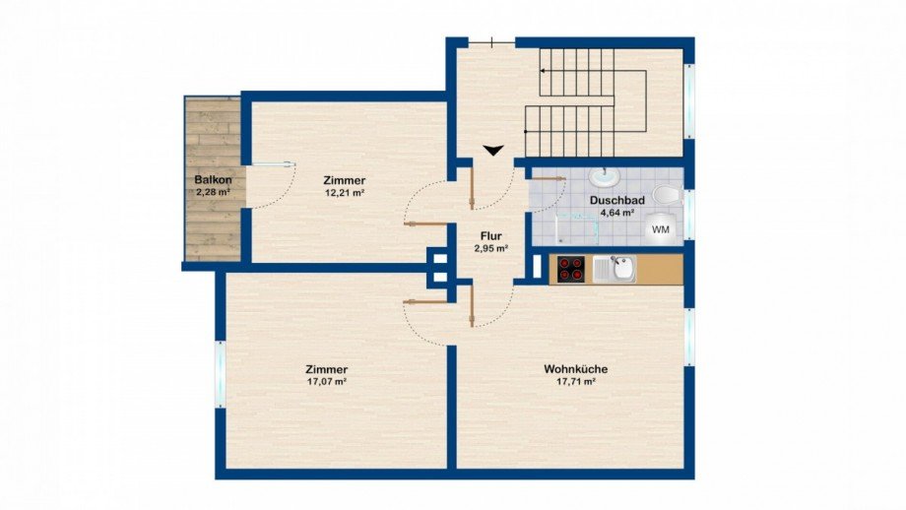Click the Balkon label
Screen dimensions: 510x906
click(x=214, y=180)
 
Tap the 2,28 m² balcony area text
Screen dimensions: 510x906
click(x=214, y=192)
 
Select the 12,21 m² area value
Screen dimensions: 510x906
click(x=345, y=193)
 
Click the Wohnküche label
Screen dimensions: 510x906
click(x=576, y=369)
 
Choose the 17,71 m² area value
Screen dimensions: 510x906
click(x=576, y=382)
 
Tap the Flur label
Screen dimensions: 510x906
click(x=490, y=235)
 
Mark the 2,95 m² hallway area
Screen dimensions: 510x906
click(x=490, y=248)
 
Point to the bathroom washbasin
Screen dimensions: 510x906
click(x=603, y=177)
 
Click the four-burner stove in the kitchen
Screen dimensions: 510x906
click(x=571, y=268)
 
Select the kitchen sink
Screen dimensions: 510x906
click(x=620, y=267)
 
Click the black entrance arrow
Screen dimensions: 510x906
click(x=493, y=150)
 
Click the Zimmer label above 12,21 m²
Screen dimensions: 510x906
click(x=345, y=180)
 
